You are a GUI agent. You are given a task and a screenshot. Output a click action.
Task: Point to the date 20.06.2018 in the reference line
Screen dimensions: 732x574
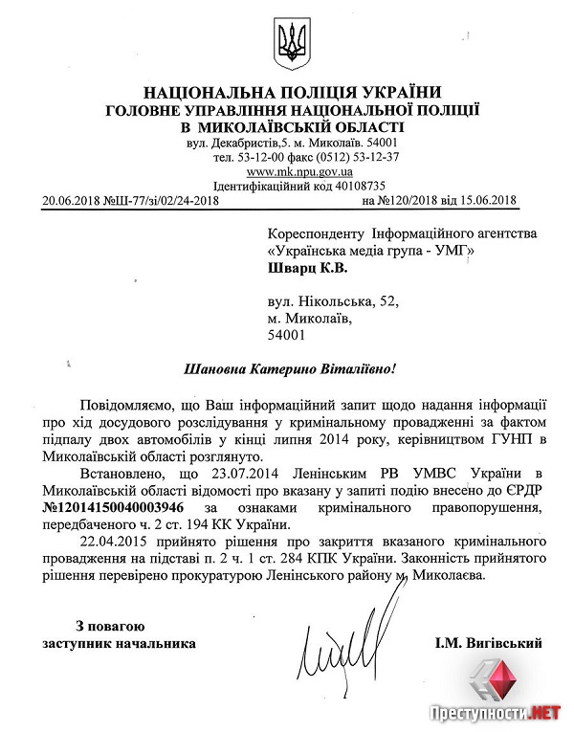[71, 200]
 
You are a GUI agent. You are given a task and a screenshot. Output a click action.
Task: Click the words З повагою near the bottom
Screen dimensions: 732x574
[106, 625]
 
